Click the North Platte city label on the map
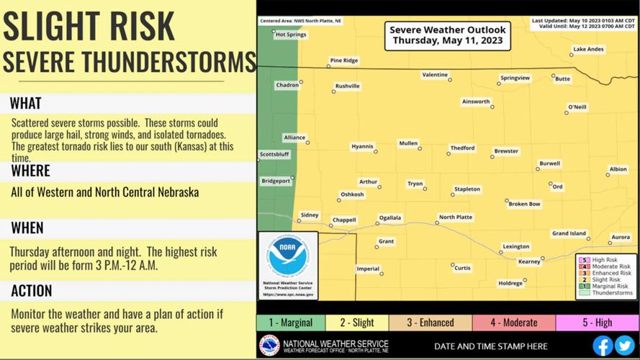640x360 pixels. coord(456,217)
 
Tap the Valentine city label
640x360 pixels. coord(435,75)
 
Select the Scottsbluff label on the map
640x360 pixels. coord(274,154)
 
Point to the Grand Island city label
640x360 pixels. coord(569,233)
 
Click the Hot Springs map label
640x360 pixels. coord(290,35)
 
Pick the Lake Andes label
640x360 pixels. coord(588,50)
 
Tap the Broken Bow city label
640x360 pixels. coord(524,204)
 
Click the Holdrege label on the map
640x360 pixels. coord(510,283)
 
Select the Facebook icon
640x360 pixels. coord(603,345)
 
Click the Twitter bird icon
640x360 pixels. coord(624,345)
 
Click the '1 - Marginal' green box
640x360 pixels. coord(291,323)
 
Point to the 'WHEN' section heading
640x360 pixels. coord(27,228)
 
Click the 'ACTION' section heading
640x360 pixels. coord(32,291)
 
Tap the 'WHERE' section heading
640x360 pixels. coord(31,171)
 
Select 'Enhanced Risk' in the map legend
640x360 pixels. coord(611,274)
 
